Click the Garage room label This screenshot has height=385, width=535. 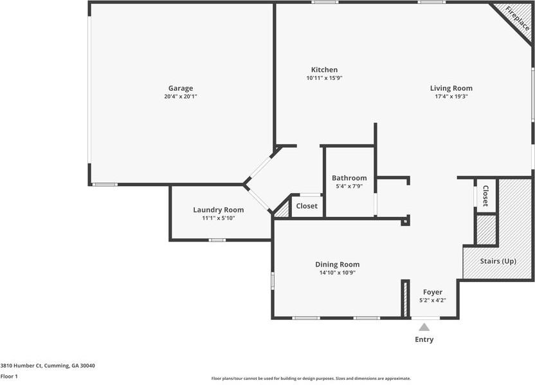(181, 88)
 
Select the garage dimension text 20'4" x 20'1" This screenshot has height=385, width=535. (181, 97)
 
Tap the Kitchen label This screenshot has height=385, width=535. (324, 70)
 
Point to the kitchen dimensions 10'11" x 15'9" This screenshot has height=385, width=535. (324, 78)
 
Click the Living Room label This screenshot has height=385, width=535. (451, 88)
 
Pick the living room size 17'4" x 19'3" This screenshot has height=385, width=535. (451, 97)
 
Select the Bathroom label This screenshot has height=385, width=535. (349, 178)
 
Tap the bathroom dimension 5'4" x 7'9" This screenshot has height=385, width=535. (349, 186)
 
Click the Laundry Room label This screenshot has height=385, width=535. (219, 209)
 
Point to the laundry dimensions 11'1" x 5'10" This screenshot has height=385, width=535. (219, 218)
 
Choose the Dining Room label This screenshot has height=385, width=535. (337, 264)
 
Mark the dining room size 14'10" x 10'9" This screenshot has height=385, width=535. (337, 272)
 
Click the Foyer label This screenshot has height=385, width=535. (432, 292)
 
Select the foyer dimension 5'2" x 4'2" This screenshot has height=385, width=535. (432, 300)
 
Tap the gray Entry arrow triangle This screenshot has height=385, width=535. (424, 327)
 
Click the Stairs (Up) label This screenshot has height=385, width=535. (498, 261)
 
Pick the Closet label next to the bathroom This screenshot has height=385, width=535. (307, 206)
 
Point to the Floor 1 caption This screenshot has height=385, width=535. (9, 376)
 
